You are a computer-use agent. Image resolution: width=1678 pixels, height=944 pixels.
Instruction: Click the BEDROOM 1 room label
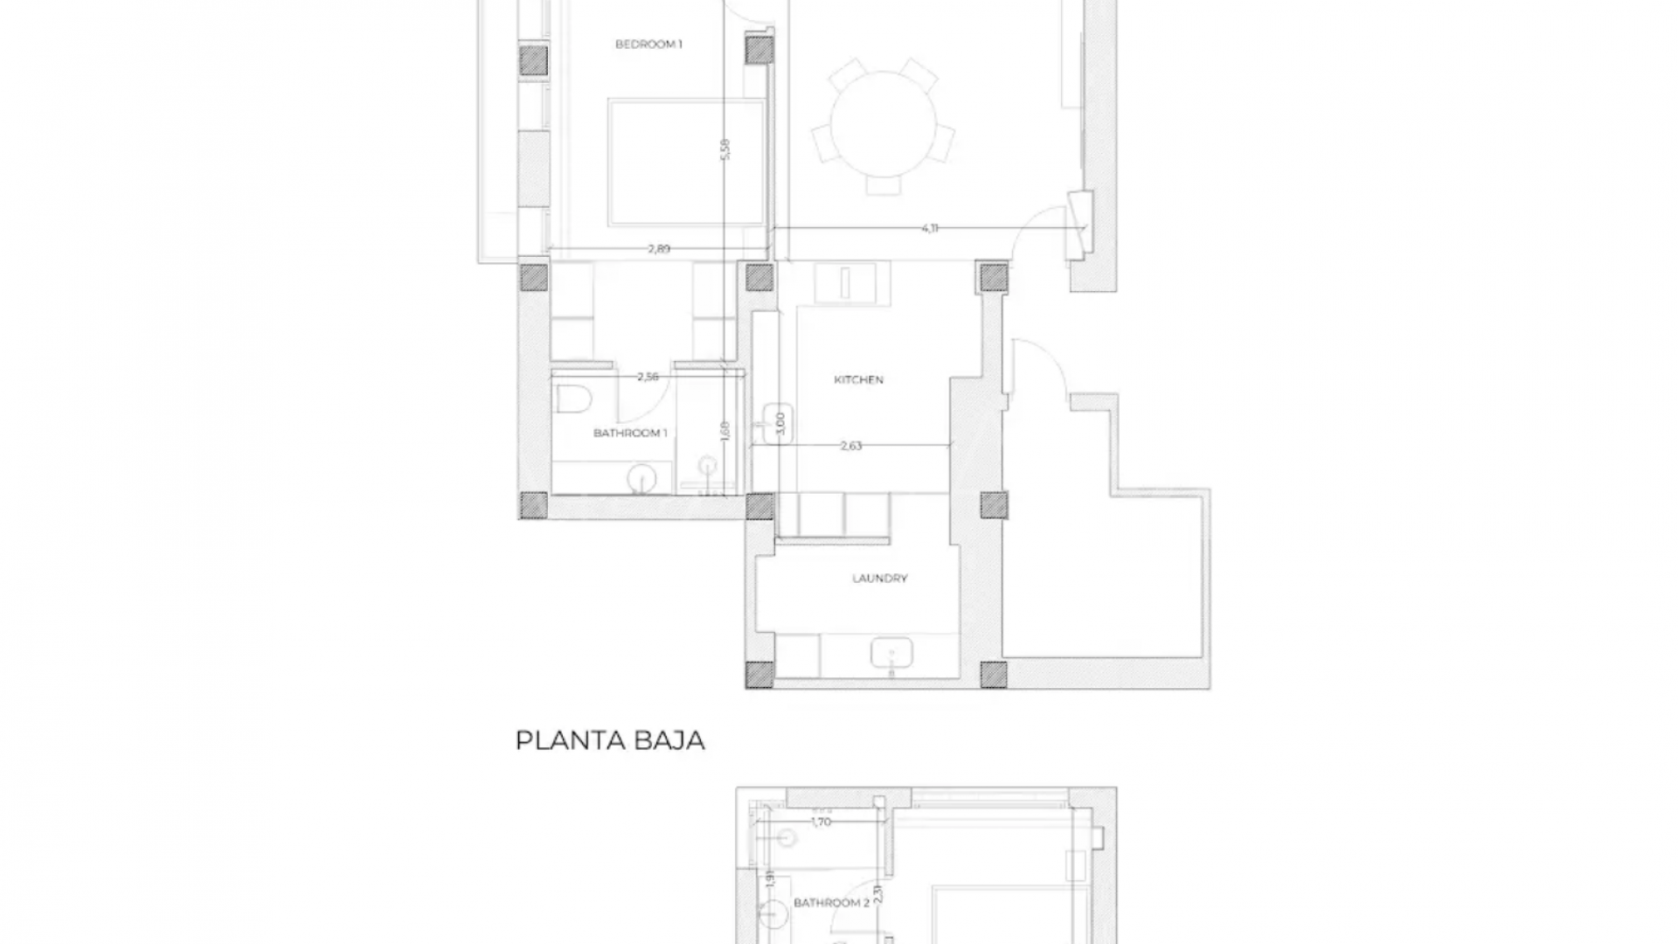click(x=648, y=45)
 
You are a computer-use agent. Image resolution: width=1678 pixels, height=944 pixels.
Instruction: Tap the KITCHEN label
click(x=858, y=380)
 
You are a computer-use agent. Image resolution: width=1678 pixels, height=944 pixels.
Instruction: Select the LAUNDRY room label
click(x=879, y=579)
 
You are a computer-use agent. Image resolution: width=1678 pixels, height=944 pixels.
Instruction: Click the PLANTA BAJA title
click(x=610, y=741)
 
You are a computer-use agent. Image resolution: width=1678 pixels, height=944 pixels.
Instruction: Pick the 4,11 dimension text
click(x=930, y=228)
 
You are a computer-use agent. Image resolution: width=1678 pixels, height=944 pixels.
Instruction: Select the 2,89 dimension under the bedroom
click(x=659, y=249)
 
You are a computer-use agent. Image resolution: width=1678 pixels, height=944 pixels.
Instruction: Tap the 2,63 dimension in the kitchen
click(x=850, y=446)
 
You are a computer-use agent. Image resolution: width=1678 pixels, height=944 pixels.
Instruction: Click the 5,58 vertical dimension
click(x=725, y=149)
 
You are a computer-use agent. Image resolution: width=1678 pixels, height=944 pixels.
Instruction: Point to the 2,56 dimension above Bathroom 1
click(x=648, y=377)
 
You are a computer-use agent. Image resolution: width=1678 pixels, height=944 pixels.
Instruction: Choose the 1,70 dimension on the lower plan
click(x=821, y=822)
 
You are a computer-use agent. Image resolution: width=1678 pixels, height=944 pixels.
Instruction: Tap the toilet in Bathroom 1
click(x=575, y=399)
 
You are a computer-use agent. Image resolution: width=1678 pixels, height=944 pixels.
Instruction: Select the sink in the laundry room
click(x=891, y=653)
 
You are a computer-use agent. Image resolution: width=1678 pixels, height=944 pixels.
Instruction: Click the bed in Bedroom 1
click(x=687, y=163)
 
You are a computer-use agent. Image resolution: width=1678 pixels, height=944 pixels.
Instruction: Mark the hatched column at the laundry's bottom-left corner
click(x=759, y=674)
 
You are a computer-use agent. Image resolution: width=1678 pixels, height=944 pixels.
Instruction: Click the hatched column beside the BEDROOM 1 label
click(x=759, y=51)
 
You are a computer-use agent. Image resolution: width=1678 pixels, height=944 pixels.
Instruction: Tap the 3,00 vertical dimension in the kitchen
click(x=781, y=424)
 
